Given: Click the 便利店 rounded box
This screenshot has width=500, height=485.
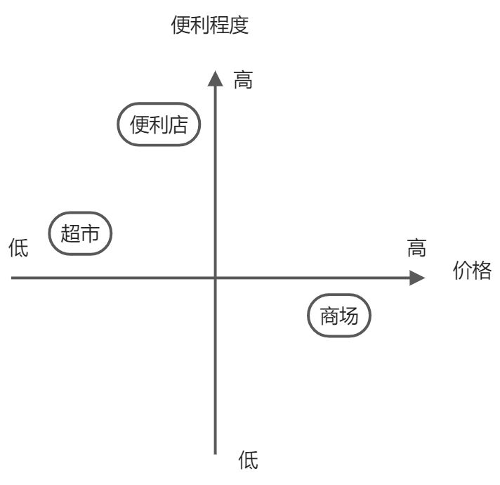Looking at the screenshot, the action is click(x=159, y=125).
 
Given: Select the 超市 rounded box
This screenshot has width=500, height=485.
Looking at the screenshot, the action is click(x=80, y=234).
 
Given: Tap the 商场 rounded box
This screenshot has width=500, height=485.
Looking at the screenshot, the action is click(x=339, y=316).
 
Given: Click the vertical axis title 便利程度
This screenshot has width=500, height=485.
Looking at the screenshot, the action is click(x=210, y=26).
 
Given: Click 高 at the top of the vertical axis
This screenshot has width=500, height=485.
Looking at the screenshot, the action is click(x=243, y=81).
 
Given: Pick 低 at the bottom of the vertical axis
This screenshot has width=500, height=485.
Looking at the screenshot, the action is click(x=249, y=461).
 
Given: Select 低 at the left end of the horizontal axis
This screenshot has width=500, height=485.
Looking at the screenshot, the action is click(x=18, y=248).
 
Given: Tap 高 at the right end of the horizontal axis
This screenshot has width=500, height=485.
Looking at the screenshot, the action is click(x=416, y=248).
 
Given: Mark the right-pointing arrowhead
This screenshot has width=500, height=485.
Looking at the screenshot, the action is click(x=417, y=278).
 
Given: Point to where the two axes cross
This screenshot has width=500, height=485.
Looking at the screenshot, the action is click(x=215, y=278).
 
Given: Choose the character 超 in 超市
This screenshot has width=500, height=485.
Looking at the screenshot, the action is click(x=70, y=234).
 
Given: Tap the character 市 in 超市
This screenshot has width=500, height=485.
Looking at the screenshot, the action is click(x=90, y=234).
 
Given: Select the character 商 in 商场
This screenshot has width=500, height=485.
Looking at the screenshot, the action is click(x=329, y=316).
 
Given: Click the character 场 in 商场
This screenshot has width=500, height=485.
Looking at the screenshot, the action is click(x=349, y=316).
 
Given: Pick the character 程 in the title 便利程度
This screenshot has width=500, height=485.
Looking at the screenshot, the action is click(x=220, y=26).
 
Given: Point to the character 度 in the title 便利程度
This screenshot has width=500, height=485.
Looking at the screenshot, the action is click(x=239, y=26).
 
